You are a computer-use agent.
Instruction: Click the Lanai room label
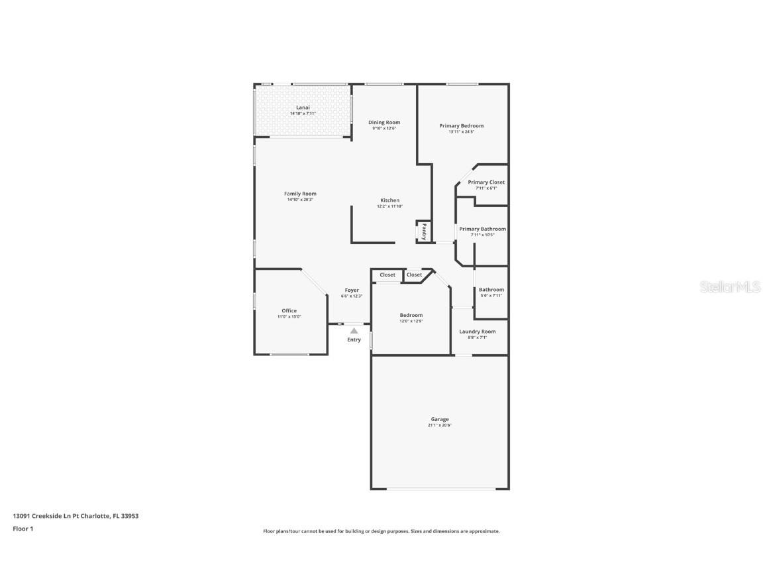[303, 107]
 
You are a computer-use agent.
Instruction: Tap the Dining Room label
[384, 122]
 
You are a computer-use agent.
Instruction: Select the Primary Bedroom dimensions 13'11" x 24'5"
[462, 132]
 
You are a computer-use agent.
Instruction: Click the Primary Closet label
[486, 182]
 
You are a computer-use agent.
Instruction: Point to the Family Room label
[300, 194]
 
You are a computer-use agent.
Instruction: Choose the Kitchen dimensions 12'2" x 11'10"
[390, 206]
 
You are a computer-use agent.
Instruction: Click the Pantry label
[424, 231]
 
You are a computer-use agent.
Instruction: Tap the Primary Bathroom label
[482, 229]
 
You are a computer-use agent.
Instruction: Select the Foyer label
[352, 290]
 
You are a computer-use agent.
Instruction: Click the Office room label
[289, 310]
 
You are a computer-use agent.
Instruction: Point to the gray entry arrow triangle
[354, 330]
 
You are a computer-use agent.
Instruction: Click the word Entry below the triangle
[354, 340]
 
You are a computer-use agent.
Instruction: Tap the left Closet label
[387, 275]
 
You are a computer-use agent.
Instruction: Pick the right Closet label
[414, 275]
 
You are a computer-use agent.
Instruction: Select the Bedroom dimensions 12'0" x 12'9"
[411, 321]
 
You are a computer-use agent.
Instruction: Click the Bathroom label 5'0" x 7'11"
[491, 290]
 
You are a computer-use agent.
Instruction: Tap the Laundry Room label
[478, 332]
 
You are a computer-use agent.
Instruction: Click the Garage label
[440, 419]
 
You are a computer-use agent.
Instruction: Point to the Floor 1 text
[23, 529]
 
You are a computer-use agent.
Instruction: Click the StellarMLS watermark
[731, 286]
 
